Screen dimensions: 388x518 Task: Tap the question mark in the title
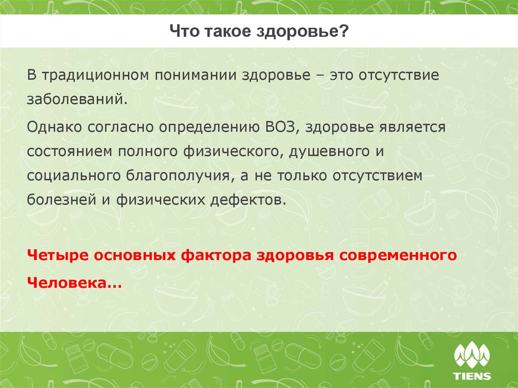tap(345, 32)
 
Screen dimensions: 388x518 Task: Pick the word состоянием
tap(70, 150)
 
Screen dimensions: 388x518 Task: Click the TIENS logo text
tap(472, 376)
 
